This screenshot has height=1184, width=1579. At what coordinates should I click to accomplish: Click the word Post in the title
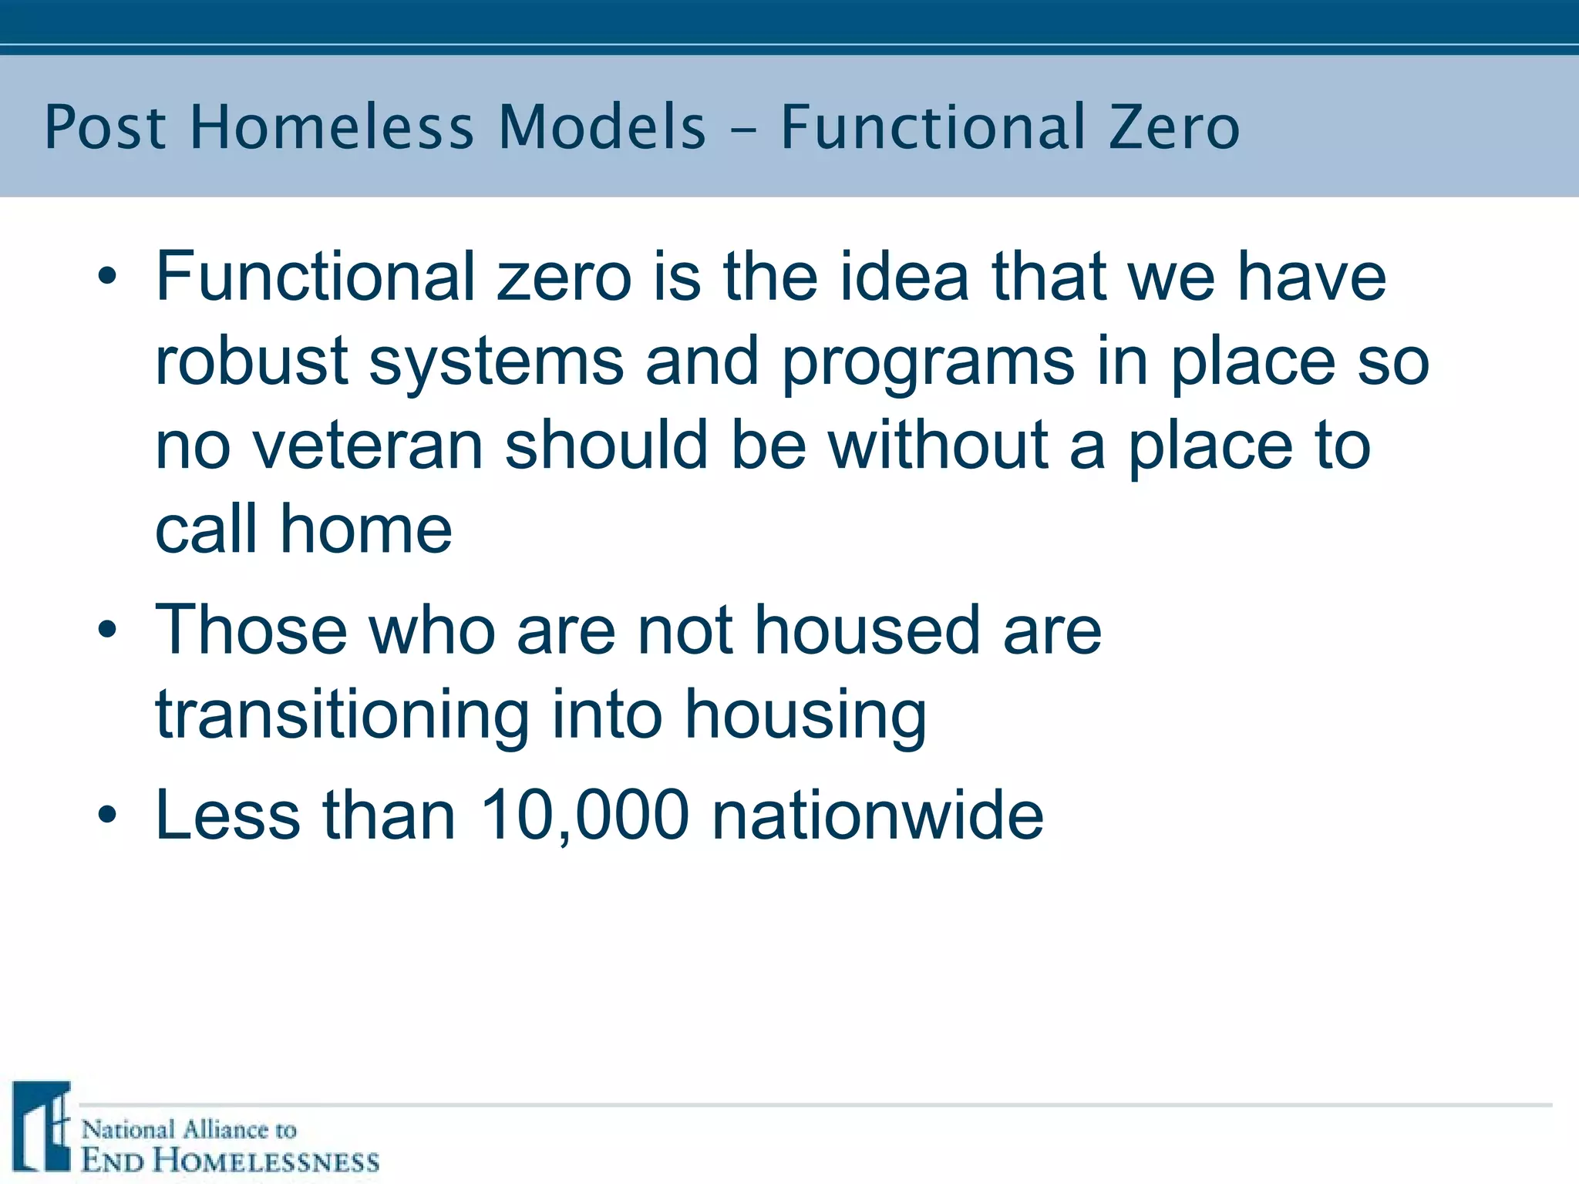[105, 127]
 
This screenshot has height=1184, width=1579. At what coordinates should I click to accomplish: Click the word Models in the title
[602, 127]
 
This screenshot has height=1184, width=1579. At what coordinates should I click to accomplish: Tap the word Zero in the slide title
[1174, 127]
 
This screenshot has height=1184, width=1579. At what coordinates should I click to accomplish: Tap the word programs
[928, 362]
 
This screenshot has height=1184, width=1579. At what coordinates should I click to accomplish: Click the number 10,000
[584, 816]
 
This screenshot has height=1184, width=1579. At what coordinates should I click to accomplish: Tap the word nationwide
[877, 815]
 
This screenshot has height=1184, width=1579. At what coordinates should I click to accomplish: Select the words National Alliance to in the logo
[189, 1130]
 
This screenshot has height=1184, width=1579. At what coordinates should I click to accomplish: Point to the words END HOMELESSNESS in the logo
[230, 1160]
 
